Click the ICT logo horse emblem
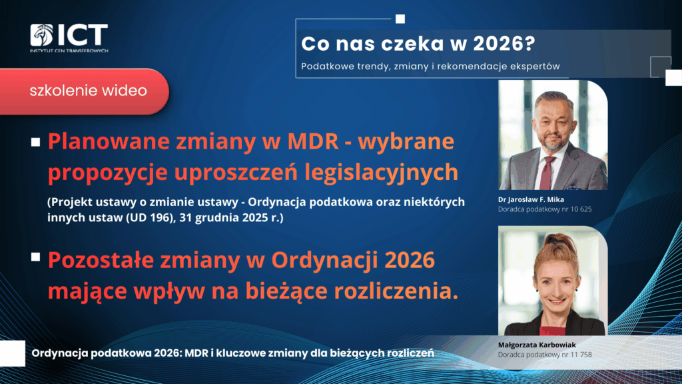tap(42, 35)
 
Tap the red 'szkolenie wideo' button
tap(84, 91)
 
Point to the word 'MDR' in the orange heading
tap(313, 141)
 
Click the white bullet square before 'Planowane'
tap(36, 143)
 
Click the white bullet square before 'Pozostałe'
tap(36, 257)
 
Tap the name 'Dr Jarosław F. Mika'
tap(531, 199)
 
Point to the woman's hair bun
tap(557, 240)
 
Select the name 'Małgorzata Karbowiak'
tap(537, 345)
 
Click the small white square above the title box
tap(400, 19)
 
